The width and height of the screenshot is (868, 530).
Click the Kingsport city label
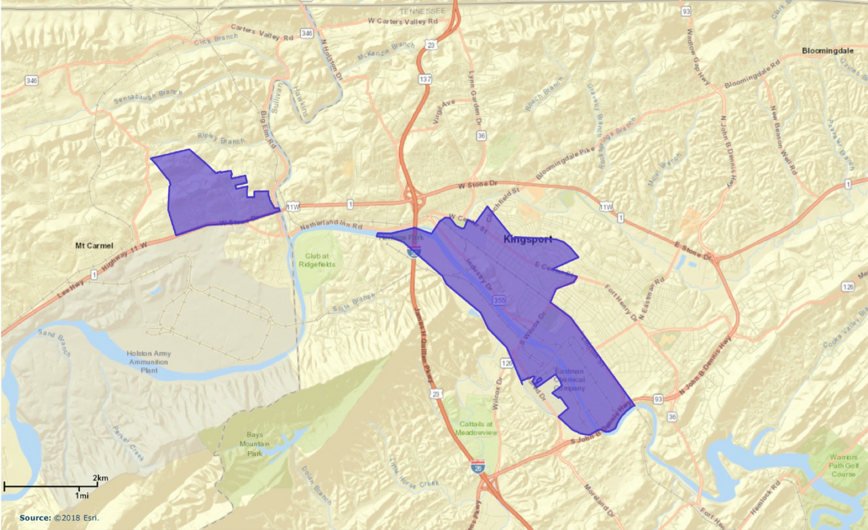[x=528, y=240]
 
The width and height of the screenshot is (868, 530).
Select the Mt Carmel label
[x=94, y=245]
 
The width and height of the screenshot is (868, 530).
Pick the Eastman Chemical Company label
[x=570, y=379]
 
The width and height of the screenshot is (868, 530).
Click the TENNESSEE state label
[x=422, y=12]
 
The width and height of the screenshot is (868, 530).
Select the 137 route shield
[x=425, y=79]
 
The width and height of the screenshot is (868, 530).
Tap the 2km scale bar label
[x=100, y=478]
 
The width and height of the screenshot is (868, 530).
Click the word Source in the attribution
[x=35, y=518]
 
